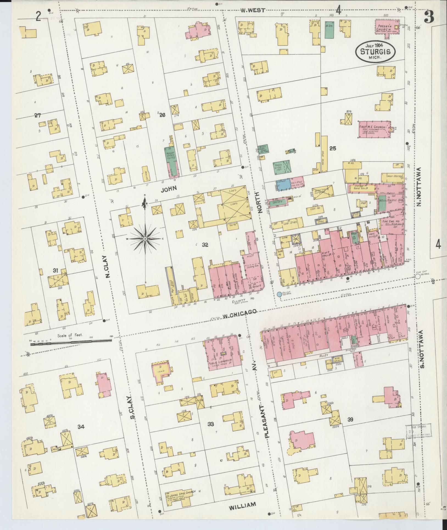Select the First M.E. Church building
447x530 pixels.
click(374, 129)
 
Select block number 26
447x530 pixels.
click(162, 116)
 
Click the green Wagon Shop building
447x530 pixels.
click(171, 158)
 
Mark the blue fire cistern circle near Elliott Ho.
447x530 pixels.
click(279, 294)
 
